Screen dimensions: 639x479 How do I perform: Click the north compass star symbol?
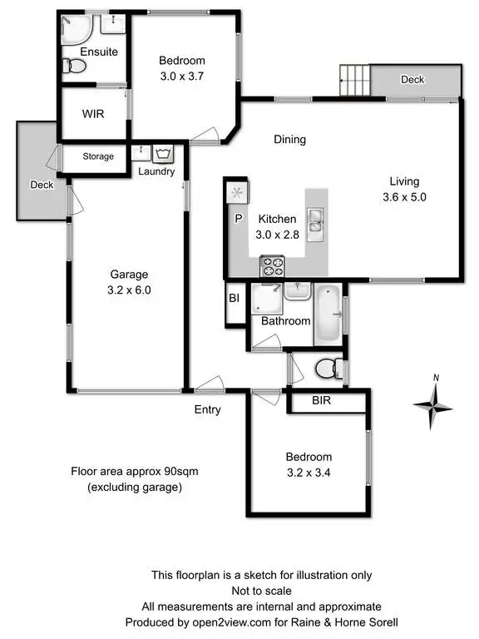coord(434,405)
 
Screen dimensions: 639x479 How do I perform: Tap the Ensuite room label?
coord(99,52)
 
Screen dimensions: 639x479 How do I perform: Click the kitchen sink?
coord(316,220)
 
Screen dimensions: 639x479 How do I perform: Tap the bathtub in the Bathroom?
coord(328,315)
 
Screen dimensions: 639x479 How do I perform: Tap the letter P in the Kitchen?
coord(238,219)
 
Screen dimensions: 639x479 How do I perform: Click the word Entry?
coord(207,409)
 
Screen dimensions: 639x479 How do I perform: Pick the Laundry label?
coord(157,172)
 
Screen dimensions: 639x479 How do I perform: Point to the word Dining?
coord(290,140)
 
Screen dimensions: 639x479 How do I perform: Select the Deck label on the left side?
coord(42,185)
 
